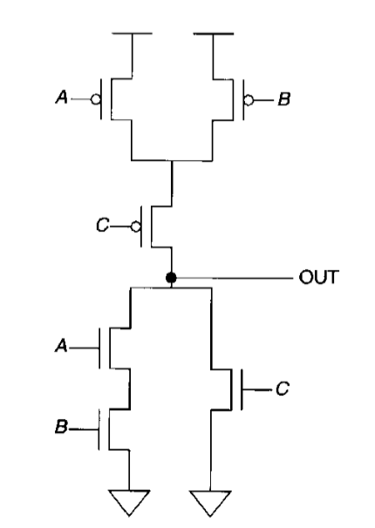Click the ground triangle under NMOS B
coord(130,504)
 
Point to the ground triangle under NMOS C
coord(211,504)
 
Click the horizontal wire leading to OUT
coord(235,278)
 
